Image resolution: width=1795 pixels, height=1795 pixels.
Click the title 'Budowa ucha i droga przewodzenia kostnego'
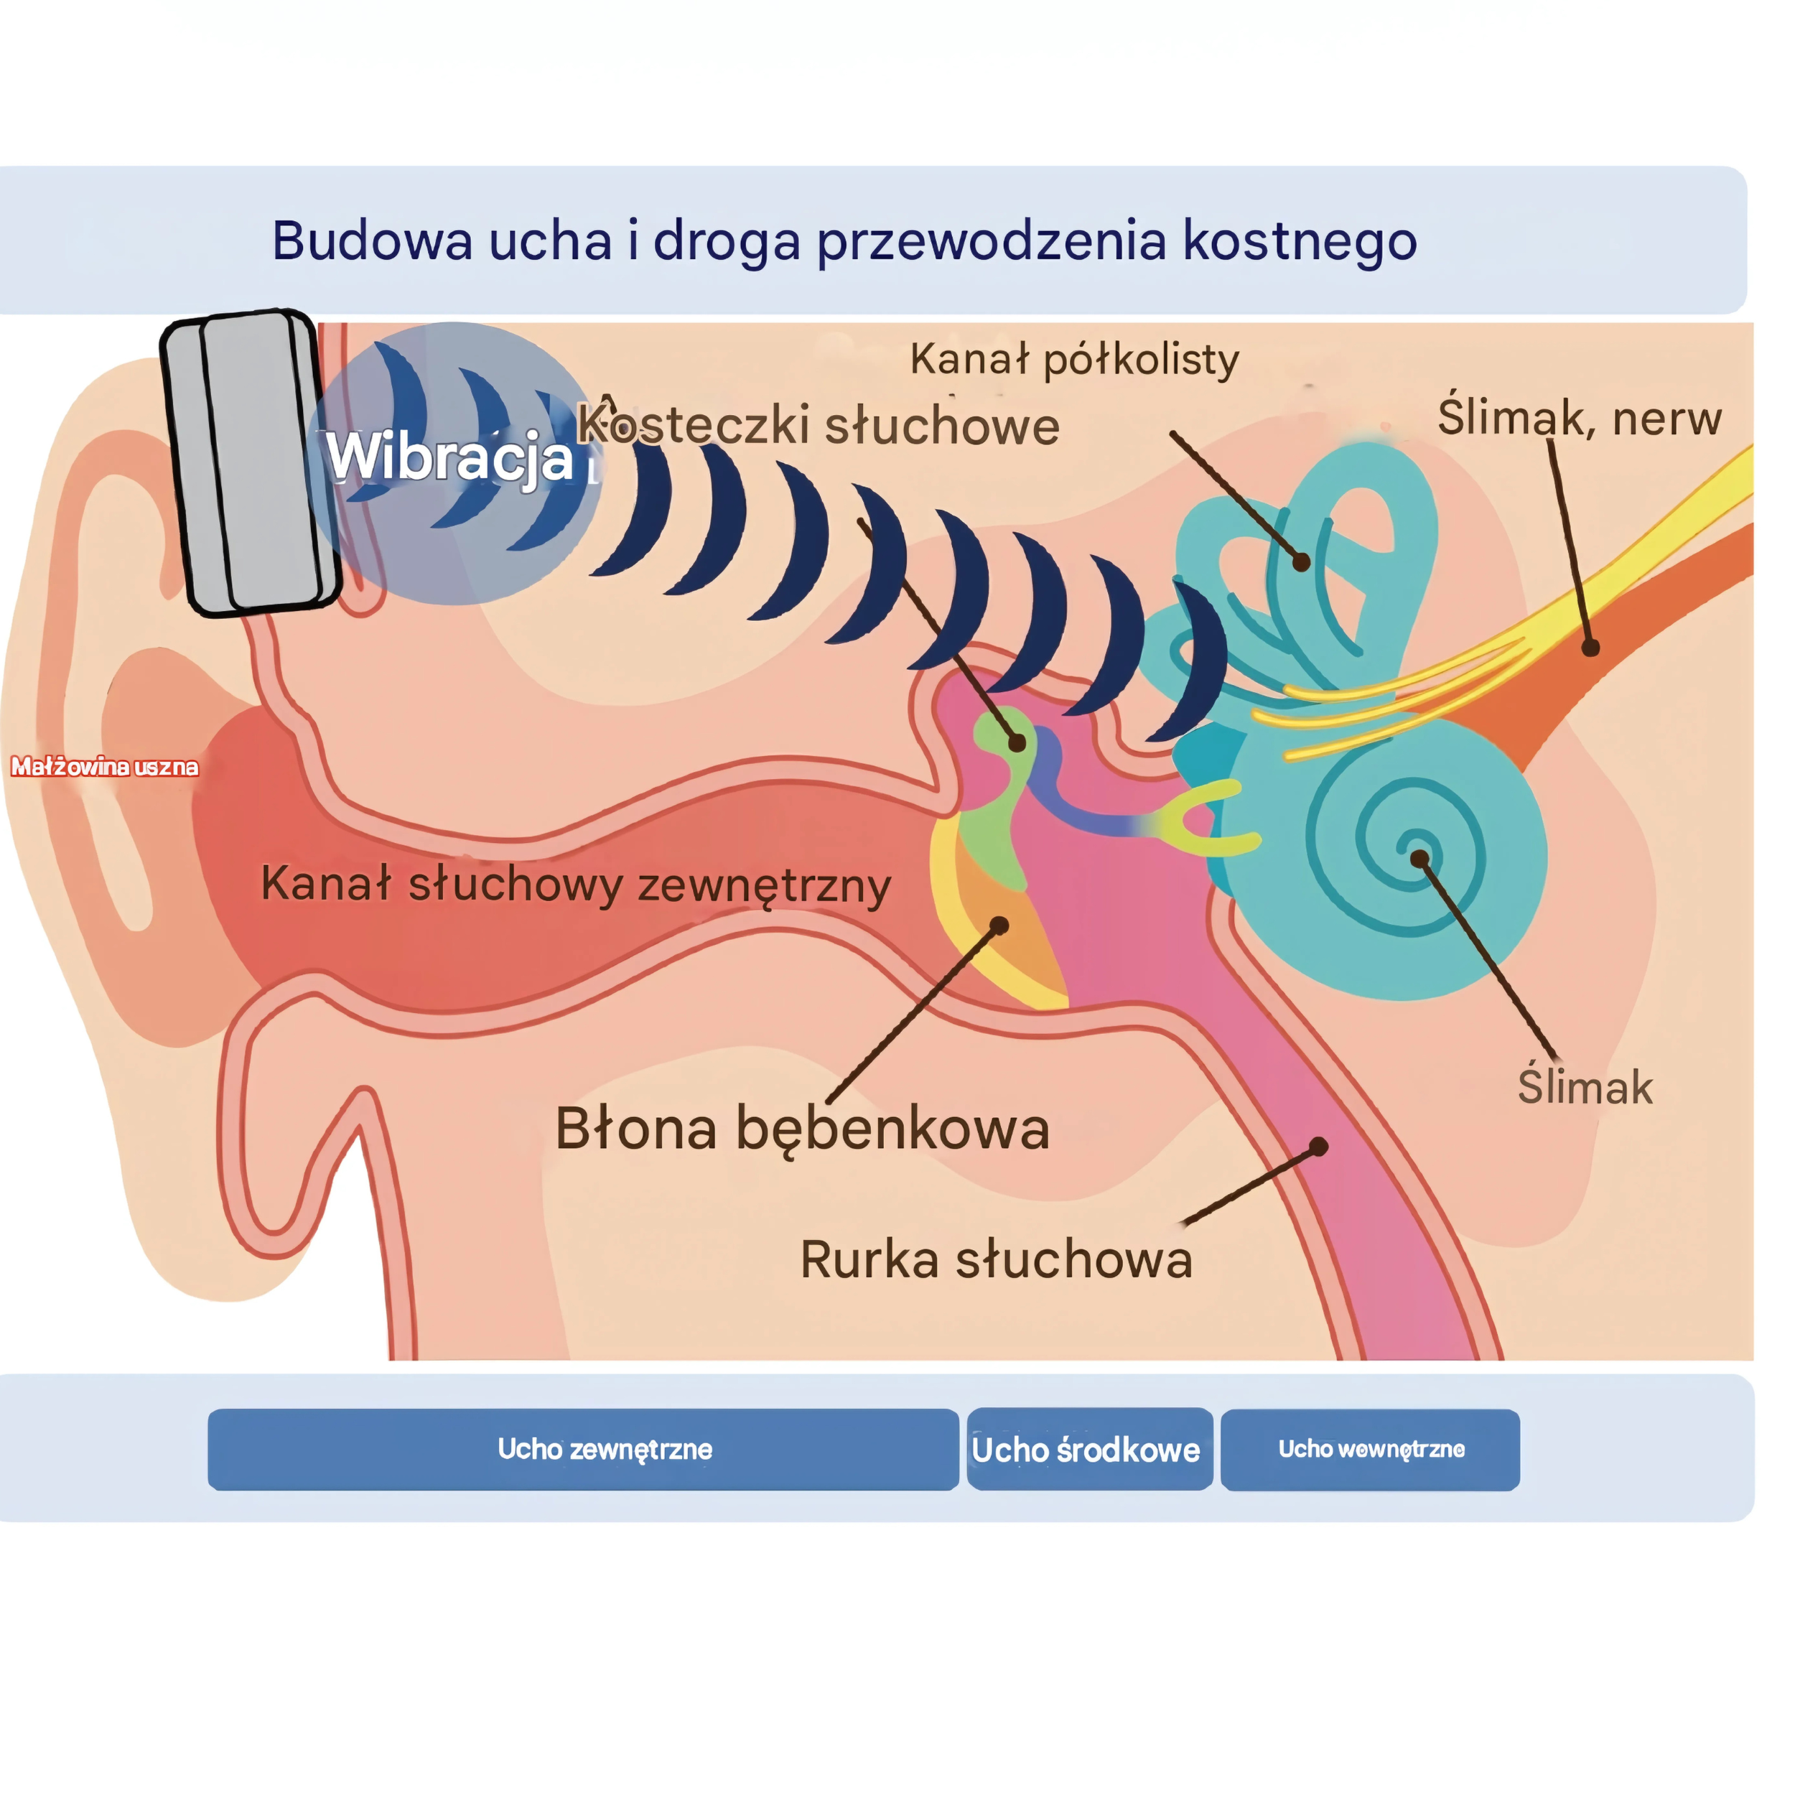click(x=844, y=241)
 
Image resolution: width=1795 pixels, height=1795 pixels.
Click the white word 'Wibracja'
click(x=449, y=457)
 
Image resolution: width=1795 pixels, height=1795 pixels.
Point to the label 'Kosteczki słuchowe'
click(x=818, y=426)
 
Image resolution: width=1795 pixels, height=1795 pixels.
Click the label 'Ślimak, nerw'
click(x=1580, y=417)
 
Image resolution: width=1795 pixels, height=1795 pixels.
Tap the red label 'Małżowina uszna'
click(x=104, y=767)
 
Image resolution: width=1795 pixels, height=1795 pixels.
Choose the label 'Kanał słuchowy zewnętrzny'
click(x=576, y=885)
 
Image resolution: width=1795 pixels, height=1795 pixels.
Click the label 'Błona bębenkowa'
click(x=803, y=1129)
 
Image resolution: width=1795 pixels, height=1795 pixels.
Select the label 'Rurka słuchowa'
click(x=996, y=1261)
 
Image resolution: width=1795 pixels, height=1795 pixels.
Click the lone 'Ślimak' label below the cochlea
click(x=1585, y=1086)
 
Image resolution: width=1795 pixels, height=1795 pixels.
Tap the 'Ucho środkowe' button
click(x=1090, y=1450)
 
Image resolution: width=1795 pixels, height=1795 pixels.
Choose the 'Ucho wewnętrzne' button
click(x=1371, y=1450)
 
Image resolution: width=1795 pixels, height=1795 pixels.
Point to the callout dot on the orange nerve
click(x=1590, y=648)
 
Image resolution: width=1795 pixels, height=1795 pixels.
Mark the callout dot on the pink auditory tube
click(x=1318, y=1147)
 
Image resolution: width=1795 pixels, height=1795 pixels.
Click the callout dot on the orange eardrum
click(x=999, y=926)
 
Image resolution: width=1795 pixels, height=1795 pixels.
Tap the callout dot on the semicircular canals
click(x=1302, y=562)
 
